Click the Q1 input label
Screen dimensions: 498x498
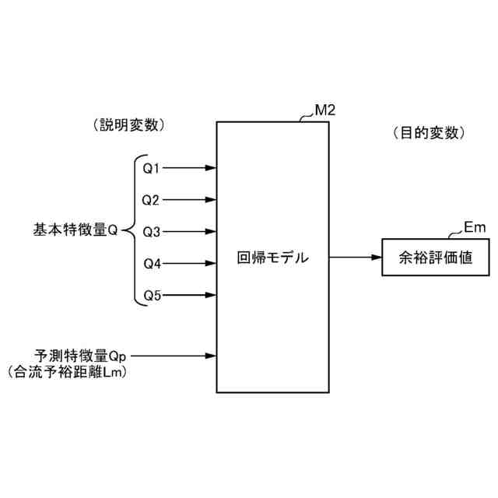[x=151, y=168]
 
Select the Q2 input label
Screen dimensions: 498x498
[x=151, y=200]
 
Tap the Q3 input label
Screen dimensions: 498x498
[x=151, y=232]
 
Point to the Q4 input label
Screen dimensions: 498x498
[x=152, y=264]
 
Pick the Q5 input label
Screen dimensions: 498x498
[x=152, y=296]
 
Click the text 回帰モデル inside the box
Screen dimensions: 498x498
[x=272, y=257]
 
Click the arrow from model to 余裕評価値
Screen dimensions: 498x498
[x=355, y=257]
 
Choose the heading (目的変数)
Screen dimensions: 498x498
[x=429, y=133]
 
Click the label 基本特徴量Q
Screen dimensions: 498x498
[x=75, y=231]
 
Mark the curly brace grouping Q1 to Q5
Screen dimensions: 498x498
[x=132, y=232]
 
